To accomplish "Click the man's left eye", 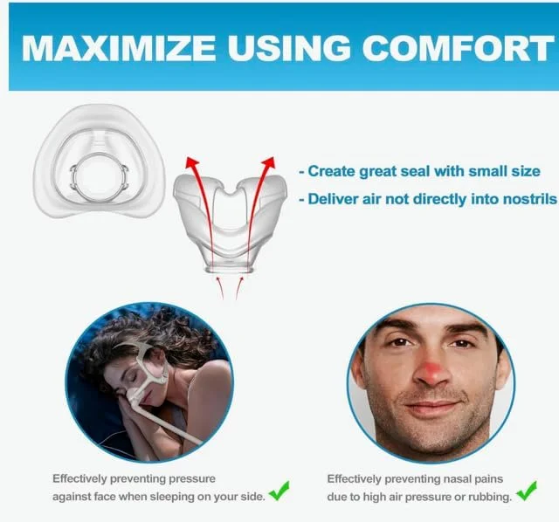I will point(460,342).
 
